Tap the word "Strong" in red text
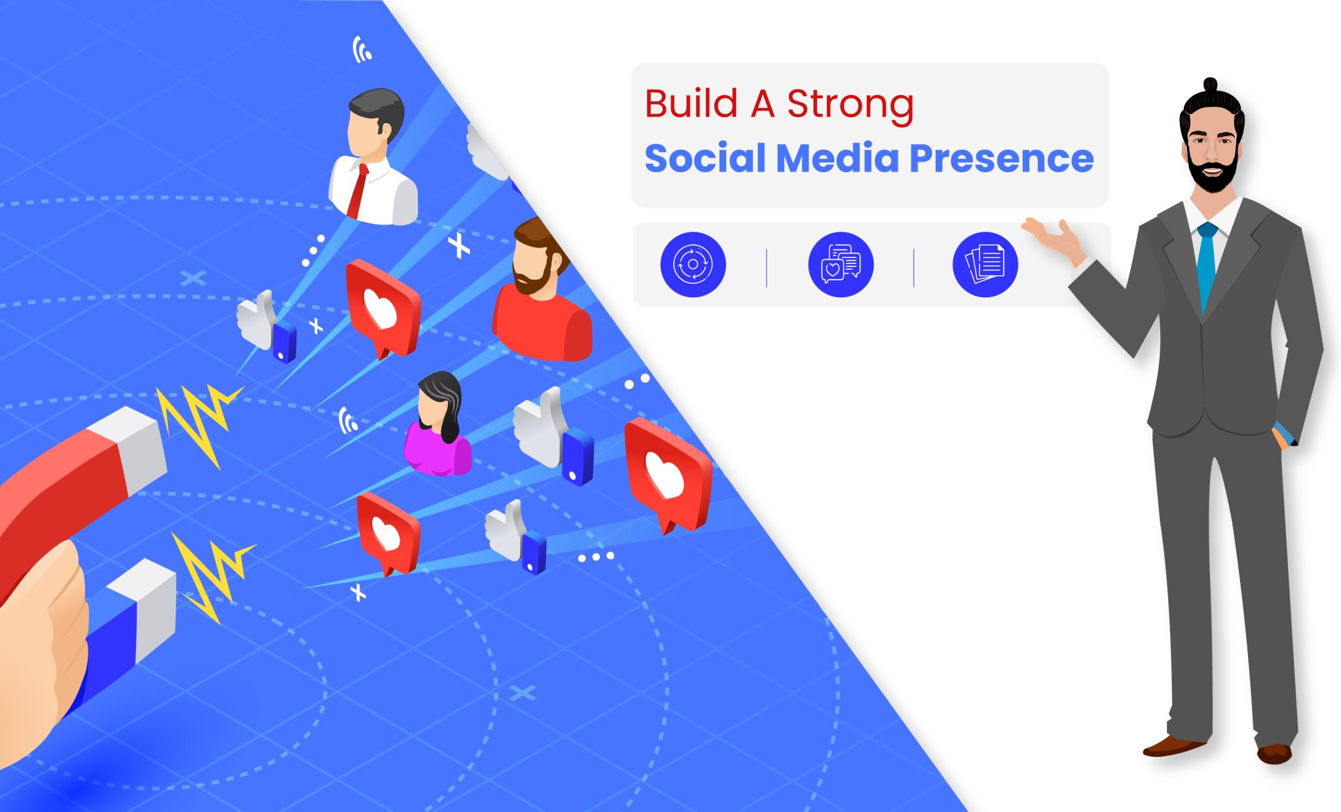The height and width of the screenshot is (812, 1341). [850, 105]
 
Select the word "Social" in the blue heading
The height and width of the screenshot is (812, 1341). [705, 158]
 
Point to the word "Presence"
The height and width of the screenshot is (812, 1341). [1001, 158]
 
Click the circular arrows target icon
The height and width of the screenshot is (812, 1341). [693, 265]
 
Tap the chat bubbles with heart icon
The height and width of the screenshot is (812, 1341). [841, 265]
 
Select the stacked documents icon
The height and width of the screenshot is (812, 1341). [985, 265]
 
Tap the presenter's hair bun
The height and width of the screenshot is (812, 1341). [1210, 86]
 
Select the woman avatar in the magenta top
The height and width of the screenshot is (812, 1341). [437, 426]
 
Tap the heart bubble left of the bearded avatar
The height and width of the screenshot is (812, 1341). [382, 308]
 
